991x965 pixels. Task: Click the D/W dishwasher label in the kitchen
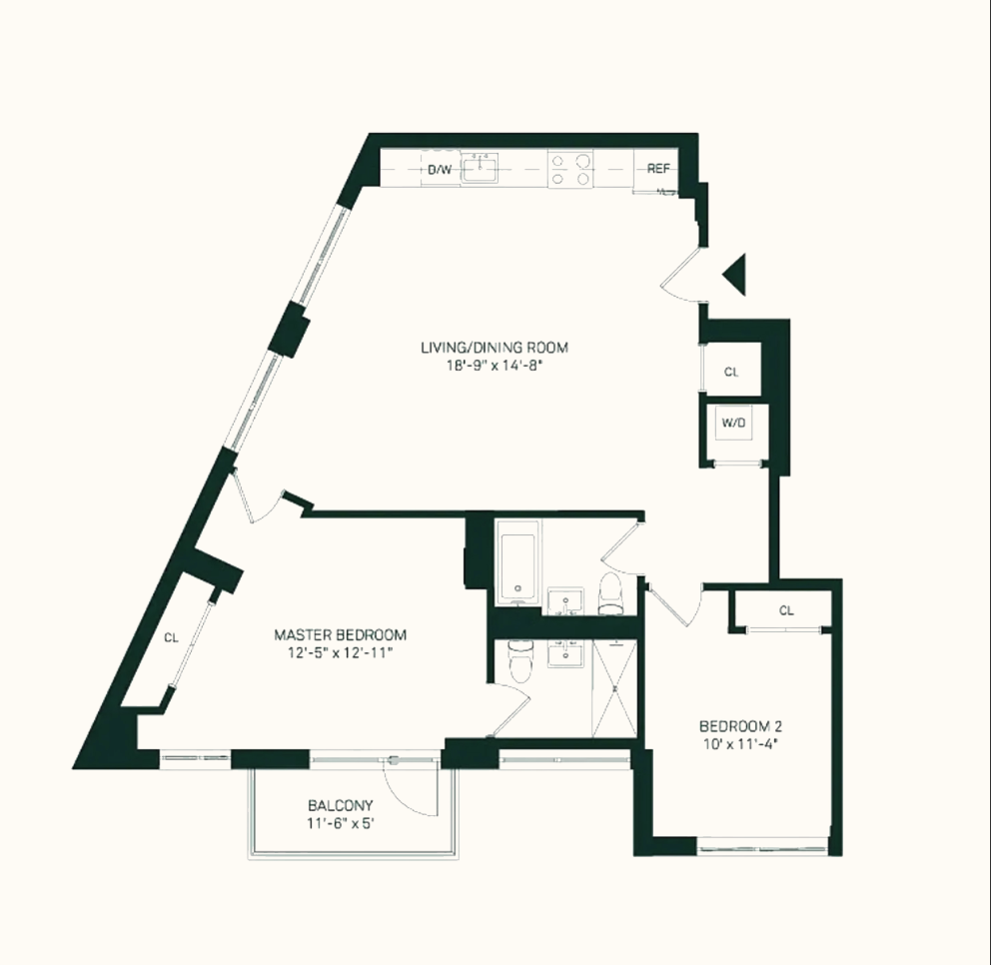pyautogui.click(x=440, y=170)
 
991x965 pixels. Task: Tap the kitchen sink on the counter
pyautogui.click(x=486, y=169)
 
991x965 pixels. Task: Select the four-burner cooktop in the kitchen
pyautogui.click(x=570, y=169)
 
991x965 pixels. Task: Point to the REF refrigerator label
pyautogui.click(x=657, y=169)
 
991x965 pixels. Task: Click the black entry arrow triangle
pyautogui.click(x=736, y=275)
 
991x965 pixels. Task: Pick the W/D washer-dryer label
pyautogui.click(x=732, y=423)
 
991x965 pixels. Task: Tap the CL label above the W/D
pyautogui.click(x=731, y=372)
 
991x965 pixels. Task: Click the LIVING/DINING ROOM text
pyautogui.click(x=494, y=348)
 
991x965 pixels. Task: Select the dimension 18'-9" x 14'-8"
pyautogui.click(x=494, y=367)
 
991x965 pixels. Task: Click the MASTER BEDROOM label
pyautogui.click(x=341, y=634)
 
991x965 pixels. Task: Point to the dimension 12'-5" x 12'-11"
pyautogui.click(x=341, y=653)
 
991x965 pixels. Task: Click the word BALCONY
pyautogui.click(x=340, y=805)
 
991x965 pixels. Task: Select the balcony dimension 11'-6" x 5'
pyautogui.click(x=340, y=824)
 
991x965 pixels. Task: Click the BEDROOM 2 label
pyautogui.click(x=739, y=725)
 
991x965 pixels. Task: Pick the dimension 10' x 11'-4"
pyautogui.click(x=739, y=744)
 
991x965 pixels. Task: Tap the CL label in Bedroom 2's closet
pyautogui.click(x=786, y=610)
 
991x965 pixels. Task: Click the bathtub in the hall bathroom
pyautogui.click(x=517, y=564)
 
